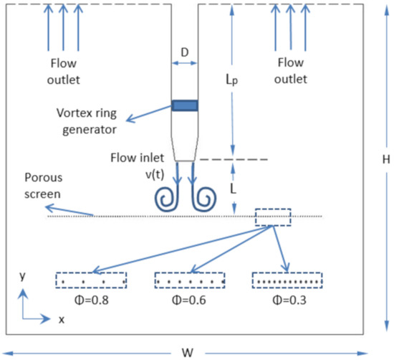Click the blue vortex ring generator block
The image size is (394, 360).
click(x=184, y=106)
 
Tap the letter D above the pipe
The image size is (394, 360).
click(x=184, y=53)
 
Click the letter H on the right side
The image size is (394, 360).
click(x=385, y=161)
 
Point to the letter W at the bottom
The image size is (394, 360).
click(x=188, y=352)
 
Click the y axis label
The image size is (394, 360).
click(x=24, y=275)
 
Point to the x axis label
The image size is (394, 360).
click(x=62, y=319)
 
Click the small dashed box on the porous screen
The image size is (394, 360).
click(x=274, y=217)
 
